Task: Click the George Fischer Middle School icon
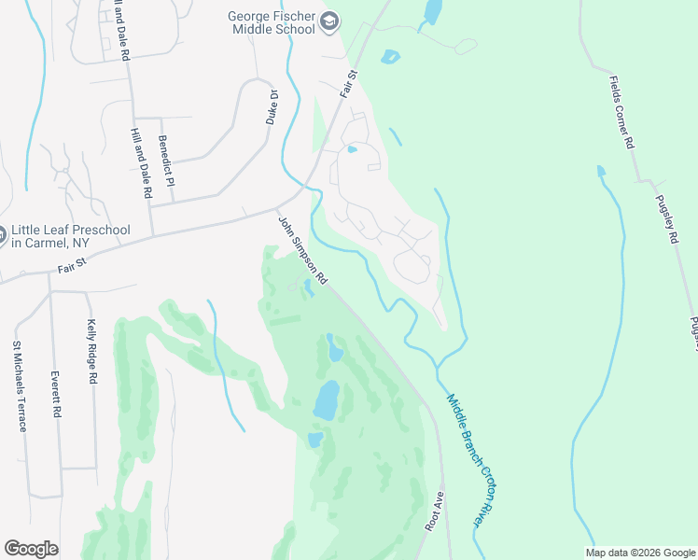[328, 21]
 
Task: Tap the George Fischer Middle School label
[272, 21]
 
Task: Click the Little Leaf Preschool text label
[69, 236]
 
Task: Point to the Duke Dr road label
[272, 107]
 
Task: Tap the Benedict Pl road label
[166, 161]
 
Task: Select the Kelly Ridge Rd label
[92, 352]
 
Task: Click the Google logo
[32, 550]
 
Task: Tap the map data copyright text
[640, 553]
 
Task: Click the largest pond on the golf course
[326, 399]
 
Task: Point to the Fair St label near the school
[350, 82]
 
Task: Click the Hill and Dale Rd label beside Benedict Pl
[142, 163]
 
